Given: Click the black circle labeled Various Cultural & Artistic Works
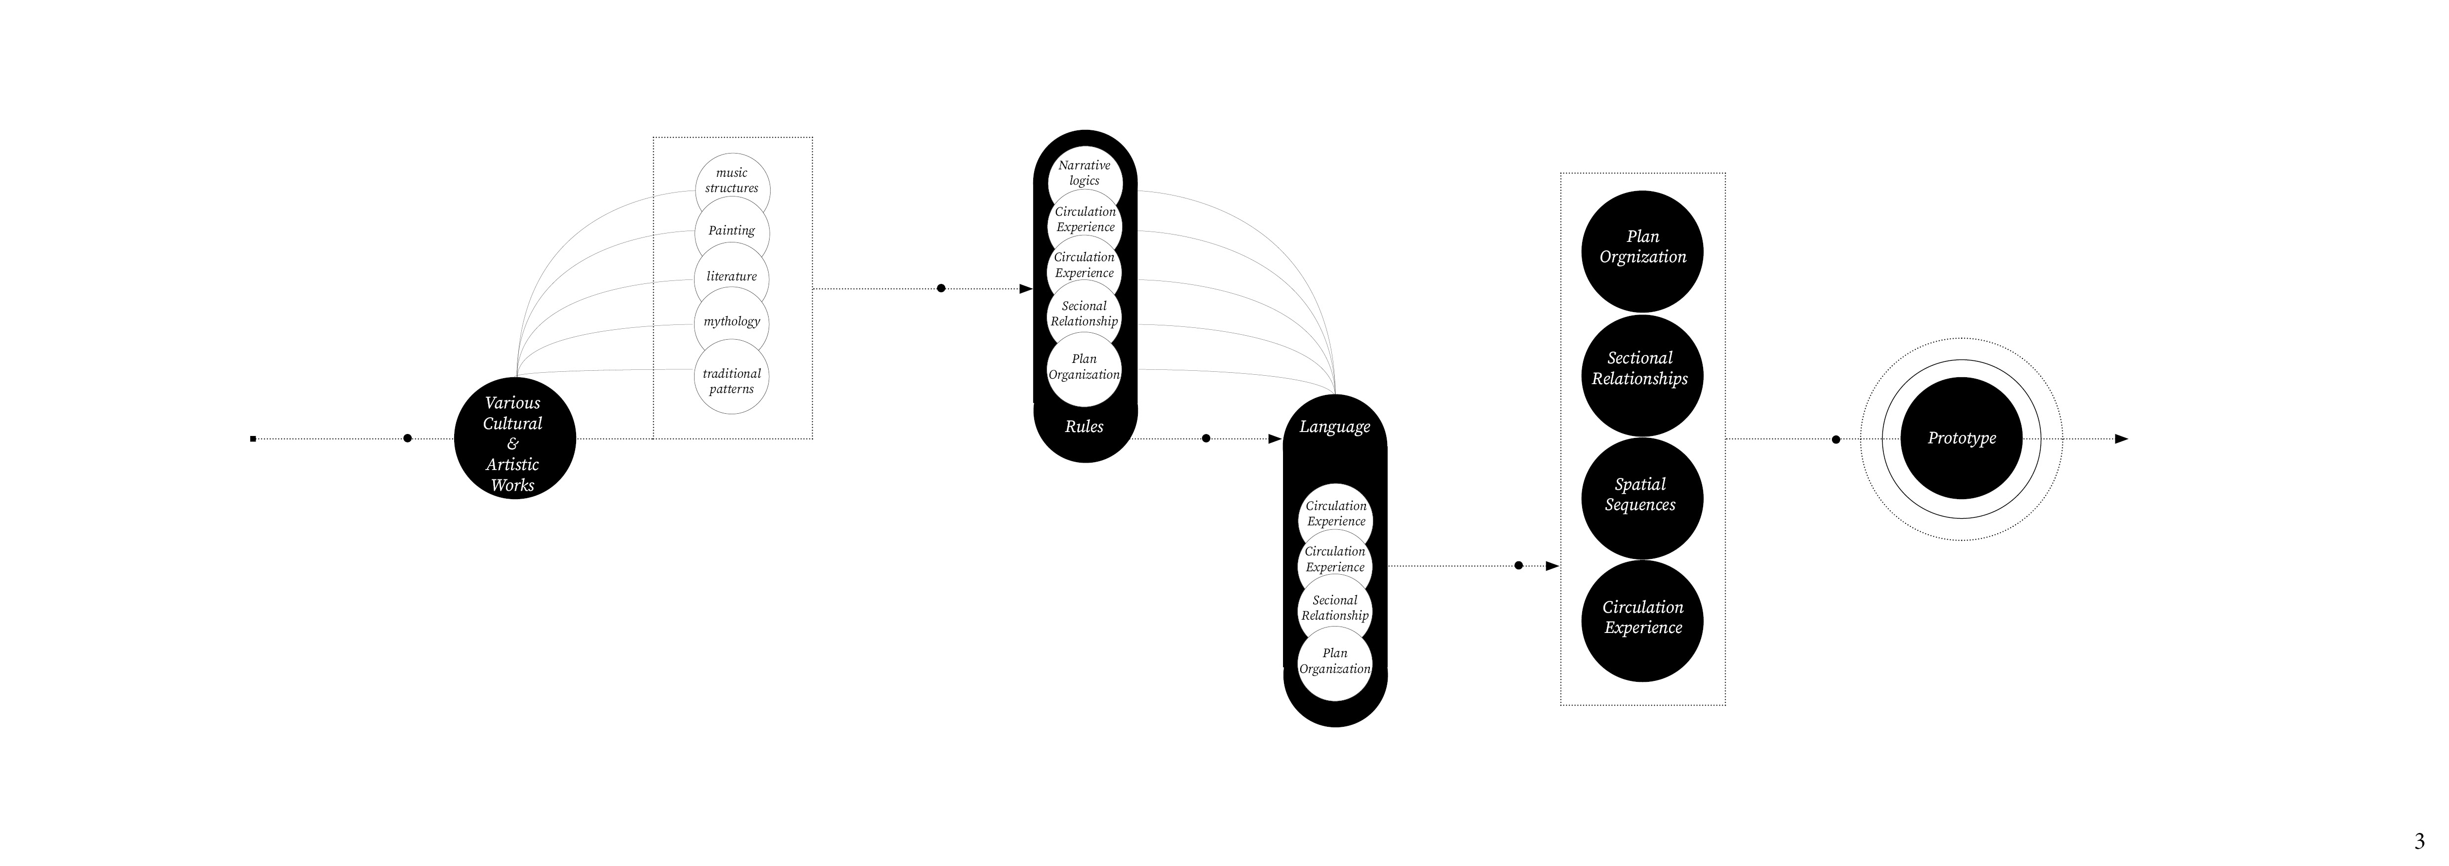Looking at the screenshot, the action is [514, 439].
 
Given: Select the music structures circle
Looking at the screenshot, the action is [732, 190].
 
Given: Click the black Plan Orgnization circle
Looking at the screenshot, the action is [1643, 252].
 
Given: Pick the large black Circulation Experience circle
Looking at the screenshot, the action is [1643, 621].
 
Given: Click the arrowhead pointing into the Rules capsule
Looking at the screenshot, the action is [1026, 288].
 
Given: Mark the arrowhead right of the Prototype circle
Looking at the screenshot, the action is [2121, 438].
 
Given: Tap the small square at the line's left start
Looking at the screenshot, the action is [253, 439].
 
